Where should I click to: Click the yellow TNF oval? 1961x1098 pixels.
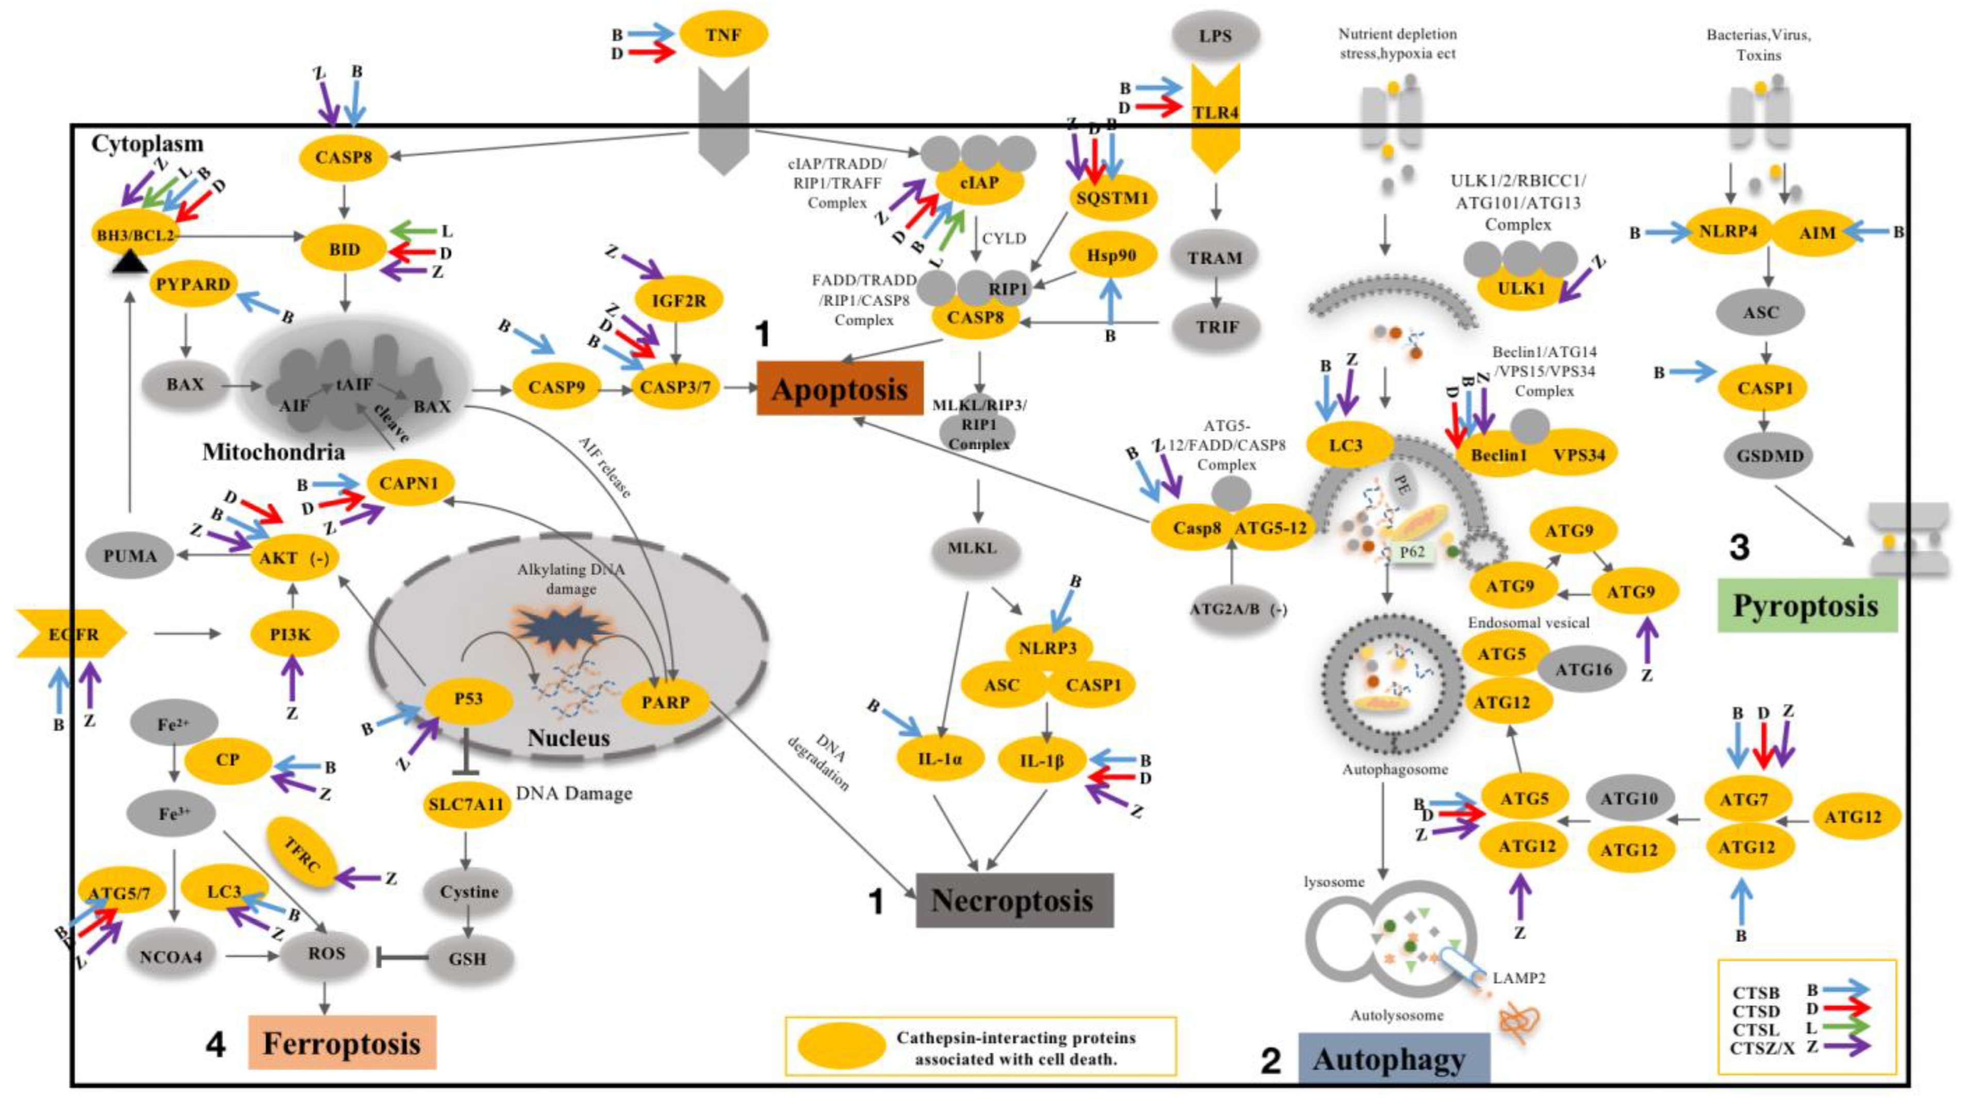pyautogui.click(x=723, y=34)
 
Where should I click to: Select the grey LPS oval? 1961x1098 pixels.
pyautogui.click(x=1215, y=36)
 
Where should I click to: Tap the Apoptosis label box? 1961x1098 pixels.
pyautogui.click(x=840, y=388)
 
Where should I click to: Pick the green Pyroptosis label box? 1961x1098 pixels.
pyautogui.click(x=1806, y=606)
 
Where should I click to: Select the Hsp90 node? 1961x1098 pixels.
pyautogui.click(x=1112, y=256)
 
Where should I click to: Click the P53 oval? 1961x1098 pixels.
pyautogui.click(x=468, y=699)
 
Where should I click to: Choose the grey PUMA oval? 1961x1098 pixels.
pyautogui.click(x=130, y=556)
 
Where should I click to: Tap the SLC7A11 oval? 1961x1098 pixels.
pyautogui.click(x=466, y=804)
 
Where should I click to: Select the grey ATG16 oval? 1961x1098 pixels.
pyautogui.click(x=1584, y=669)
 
